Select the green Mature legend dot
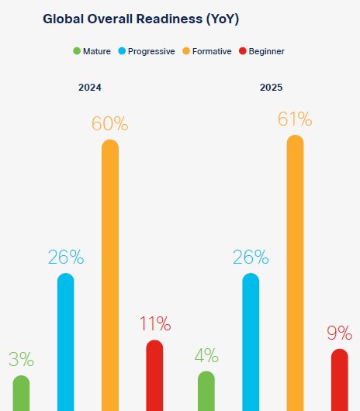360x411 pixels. click(77, 51)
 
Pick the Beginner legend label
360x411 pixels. click(266, 51)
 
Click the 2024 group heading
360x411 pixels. click(90, 88)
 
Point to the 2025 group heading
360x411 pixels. click(272, 88)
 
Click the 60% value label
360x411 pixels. click(109, 123)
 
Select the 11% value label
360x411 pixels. click(154, 323)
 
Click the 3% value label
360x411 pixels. click(21, 359)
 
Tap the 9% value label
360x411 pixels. click(339, 333)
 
